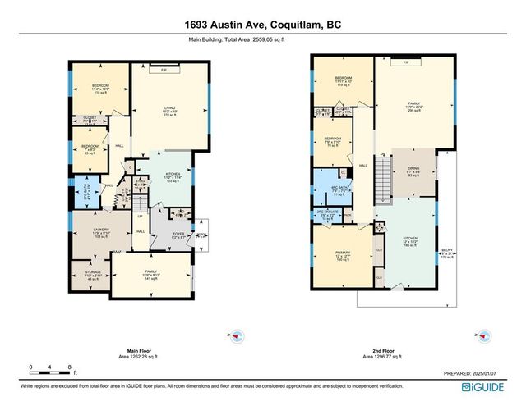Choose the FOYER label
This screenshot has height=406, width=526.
pyautogui.click(x=178, y=233)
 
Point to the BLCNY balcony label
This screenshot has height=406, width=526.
pyautogui.click(x=446, y=249)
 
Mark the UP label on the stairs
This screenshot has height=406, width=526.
pyautogui.click(x=141, y=217)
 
